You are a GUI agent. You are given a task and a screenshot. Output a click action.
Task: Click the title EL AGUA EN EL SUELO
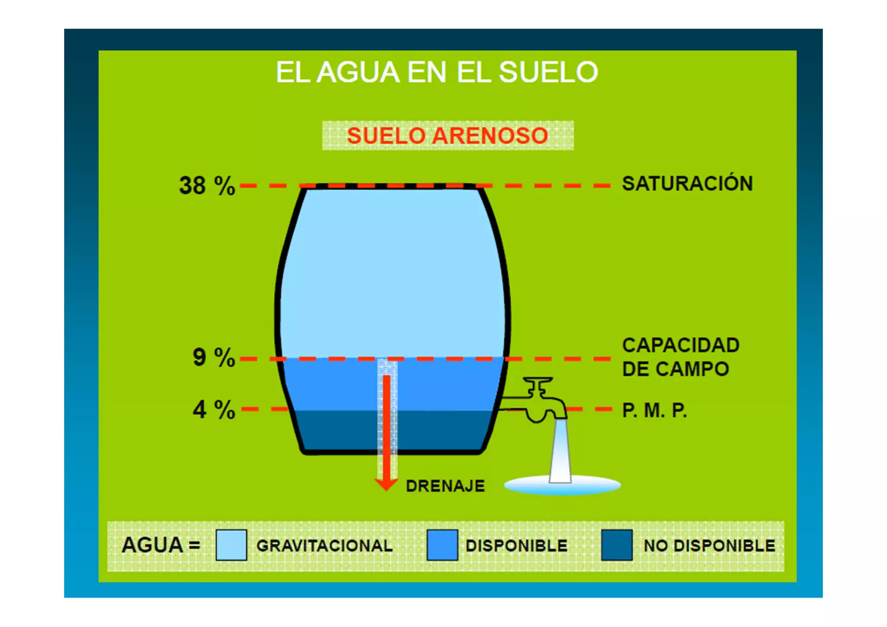point(437,72)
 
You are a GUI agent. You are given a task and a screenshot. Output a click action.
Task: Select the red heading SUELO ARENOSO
point(447,136)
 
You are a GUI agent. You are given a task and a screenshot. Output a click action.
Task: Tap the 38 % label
point(207,186)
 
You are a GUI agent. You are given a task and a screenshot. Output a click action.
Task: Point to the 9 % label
point(214,358)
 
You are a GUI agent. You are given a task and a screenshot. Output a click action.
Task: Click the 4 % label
point(214,410)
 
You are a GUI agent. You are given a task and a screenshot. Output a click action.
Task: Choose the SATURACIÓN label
point(687,184)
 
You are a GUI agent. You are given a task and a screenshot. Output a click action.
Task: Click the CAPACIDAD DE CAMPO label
point(680,357)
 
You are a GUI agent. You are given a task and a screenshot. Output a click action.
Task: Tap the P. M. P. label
point(654,410)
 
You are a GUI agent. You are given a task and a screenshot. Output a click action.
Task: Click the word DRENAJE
point(445,486)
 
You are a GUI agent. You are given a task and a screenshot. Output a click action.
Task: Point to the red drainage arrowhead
point(386,484)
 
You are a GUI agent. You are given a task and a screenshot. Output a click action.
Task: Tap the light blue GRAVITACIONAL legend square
point(231,545)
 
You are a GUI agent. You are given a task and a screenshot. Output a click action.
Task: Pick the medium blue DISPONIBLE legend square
point(442,545)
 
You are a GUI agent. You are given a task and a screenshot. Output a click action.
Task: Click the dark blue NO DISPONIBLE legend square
point(617,545)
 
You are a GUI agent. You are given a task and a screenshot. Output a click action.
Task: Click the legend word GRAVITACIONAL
point(324,546)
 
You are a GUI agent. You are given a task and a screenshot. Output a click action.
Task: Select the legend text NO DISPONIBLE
point(709,546)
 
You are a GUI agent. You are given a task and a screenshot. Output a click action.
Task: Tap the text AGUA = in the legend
point(161,545)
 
